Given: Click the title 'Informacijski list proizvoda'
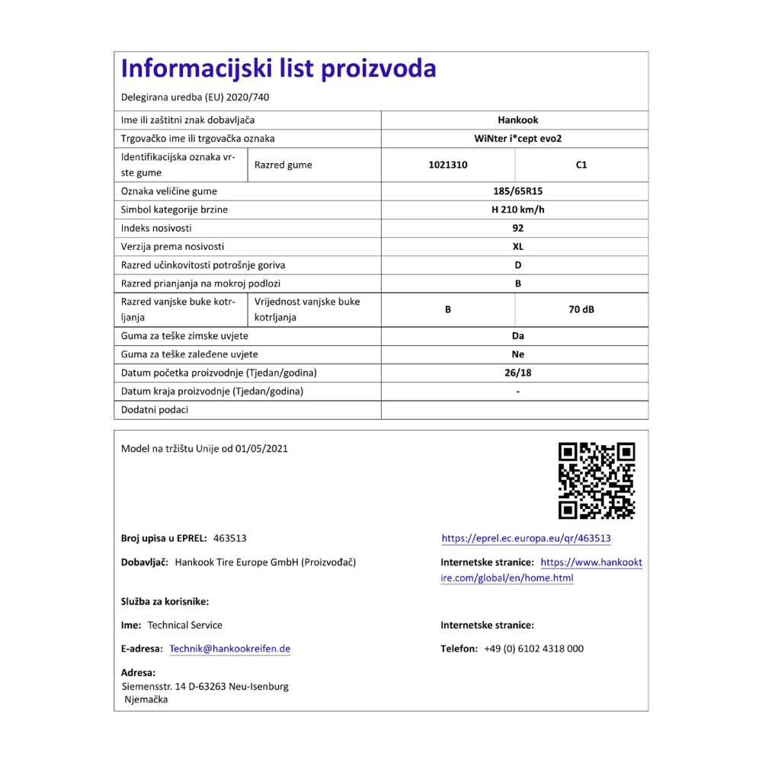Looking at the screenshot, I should tap(278, 69).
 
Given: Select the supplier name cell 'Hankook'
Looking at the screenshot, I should tap(517, 120).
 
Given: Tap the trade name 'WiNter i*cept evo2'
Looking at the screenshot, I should tap(517, 139).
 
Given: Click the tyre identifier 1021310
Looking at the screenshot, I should tap(447, 165).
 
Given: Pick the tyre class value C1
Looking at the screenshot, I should tap(581, 165).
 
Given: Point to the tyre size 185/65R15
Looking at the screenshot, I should tap(517, 191).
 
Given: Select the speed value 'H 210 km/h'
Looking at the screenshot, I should tap(517, 210).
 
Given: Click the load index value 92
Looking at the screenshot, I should tap(518, 228).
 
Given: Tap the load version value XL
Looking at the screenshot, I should tap(518, 246).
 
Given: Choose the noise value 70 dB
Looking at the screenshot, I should tap(581, 310).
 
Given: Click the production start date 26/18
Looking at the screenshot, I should tap(518, 373).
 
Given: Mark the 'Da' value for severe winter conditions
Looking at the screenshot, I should tap(518, 336).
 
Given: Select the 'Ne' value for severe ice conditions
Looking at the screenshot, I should tap(518, 354).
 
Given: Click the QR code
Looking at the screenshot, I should tap(597, 481).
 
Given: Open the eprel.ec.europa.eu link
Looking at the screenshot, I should tap(526, 539).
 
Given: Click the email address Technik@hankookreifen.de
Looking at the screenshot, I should tap(229, 649).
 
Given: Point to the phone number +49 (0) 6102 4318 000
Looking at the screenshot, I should tap(533, 649).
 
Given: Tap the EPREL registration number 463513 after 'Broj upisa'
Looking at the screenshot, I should tap(230, 539).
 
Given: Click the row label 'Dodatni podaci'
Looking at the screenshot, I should tap(155, 410).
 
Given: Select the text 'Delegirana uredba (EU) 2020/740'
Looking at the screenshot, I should tap(195, 98).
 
